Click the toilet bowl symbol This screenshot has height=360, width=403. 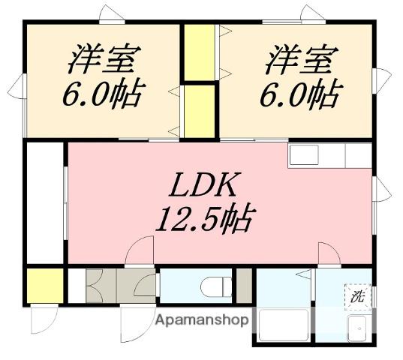[215, 286]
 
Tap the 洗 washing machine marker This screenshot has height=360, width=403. [357, 295]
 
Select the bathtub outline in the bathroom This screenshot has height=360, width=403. [282, 325]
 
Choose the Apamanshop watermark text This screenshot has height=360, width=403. [201, 319]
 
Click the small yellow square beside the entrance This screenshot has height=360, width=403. [44, 286]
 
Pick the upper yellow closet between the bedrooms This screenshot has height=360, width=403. [199, 52]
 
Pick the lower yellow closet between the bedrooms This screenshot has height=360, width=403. [198, 111]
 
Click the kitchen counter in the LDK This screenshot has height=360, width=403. [330, 155]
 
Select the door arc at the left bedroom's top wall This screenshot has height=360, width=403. [113, 13]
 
